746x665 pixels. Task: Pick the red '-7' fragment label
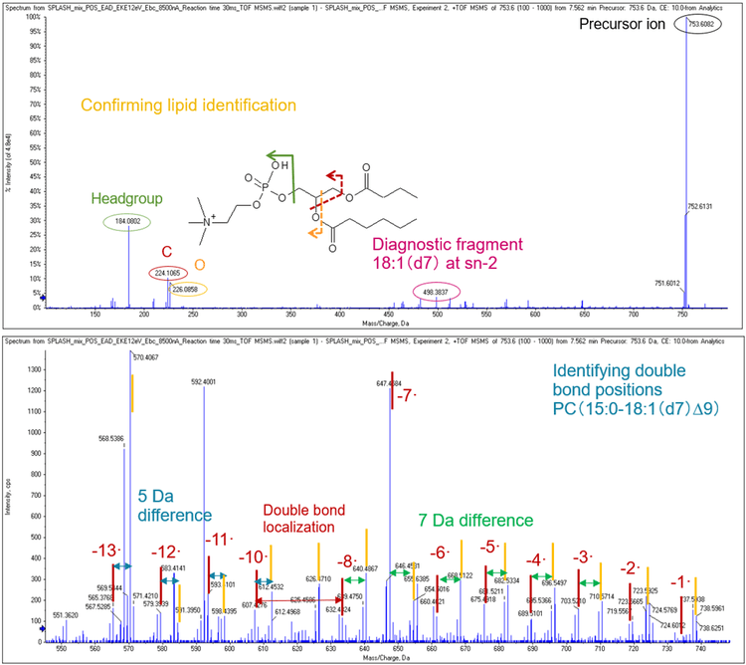click(405, 395)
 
